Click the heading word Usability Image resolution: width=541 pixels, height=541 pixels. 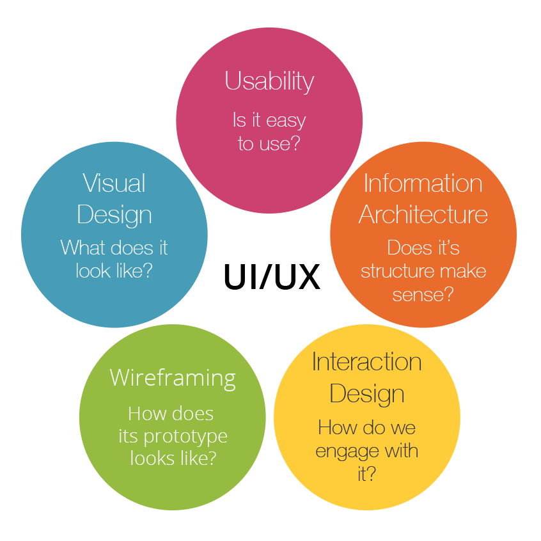(x=269, y=82)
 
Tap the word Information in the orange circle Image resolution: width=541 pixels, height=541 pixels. (x=423, y=184)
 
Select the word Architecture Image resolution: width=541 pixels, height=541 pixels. (x=423, y=215)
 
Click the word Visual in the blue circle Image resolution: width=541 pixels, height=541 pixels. (x=114, y=184)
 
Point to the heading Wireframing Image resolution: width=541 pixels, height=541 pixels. (x=173, y=377)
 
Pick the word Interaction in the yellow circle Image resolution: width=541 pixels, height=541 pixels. (x=366, y=362)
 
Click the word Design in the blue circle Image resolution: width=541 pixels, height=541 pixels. (x=114, y=215)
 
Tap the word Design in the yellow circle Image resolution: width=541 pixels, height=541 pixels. (x=366, y=393)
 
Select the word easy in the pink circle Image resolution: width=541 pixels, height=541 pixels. (x=286, y=121)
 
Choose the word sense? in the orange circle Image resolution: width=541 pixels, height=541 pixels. (x=423, y=294)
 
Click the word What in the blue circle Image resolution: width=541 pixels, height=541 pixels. (x=82, y=247)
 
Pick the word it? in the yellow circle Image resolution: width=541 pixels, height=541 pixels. (x=366, y=474)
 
